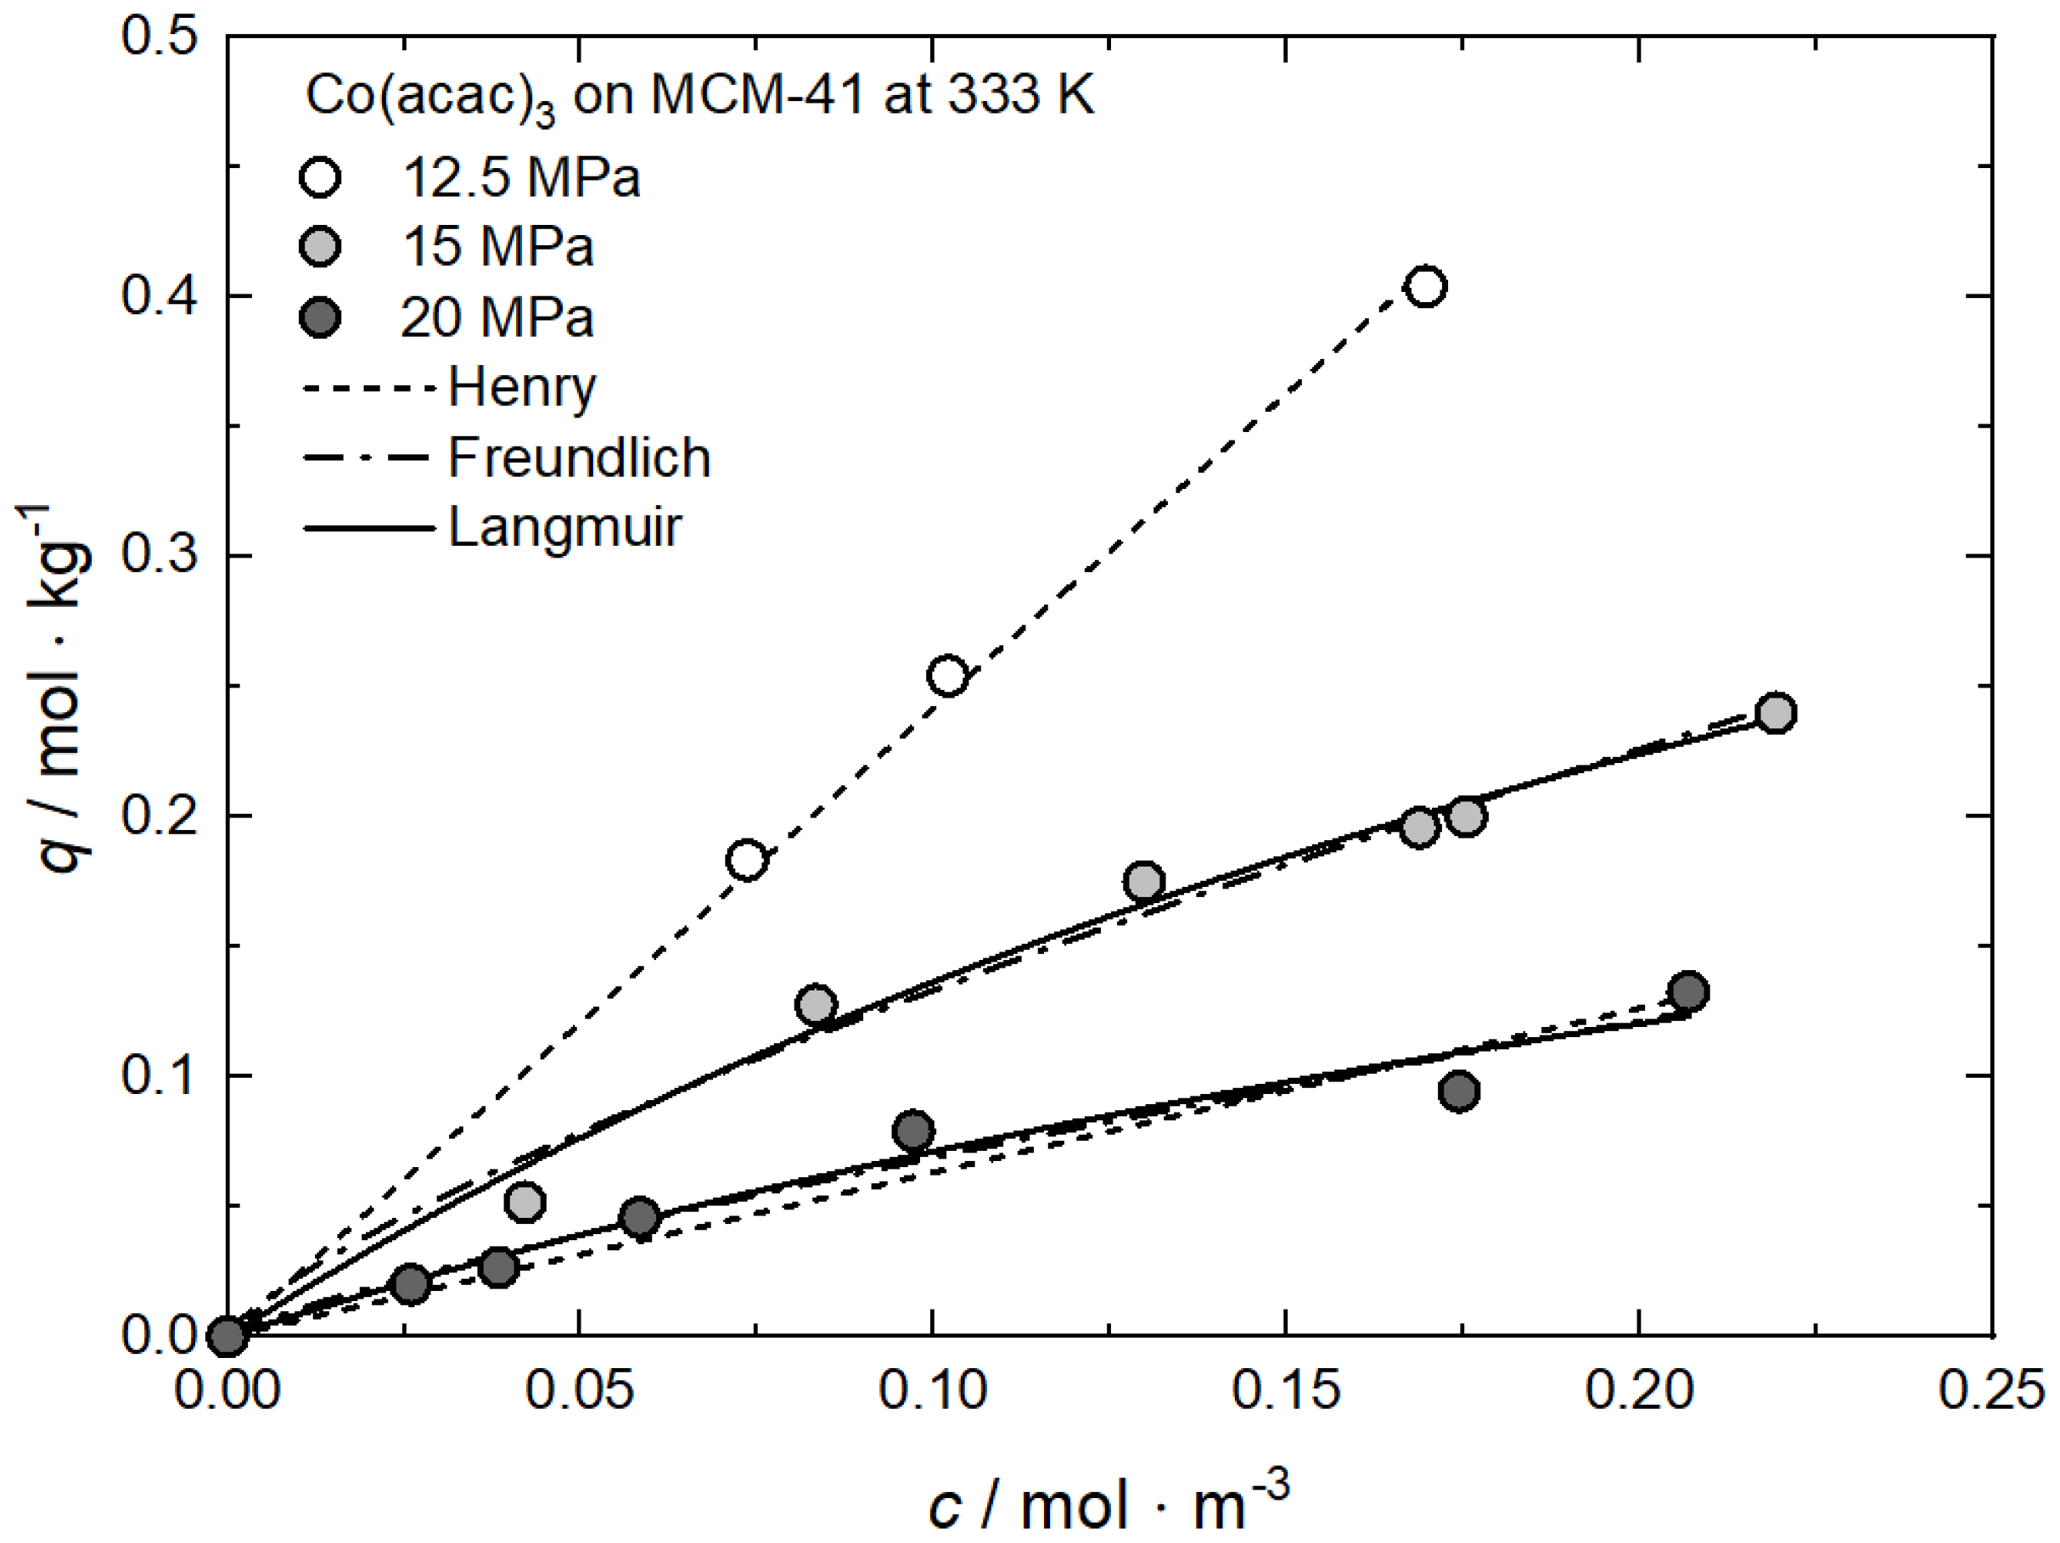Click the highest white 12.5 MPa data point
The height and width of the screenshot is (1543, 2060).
pos(1426,286)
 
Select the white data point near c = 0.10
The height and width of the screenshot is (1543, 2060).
pos(947,675)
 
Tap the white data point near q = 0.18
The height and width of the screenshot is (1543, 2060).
pos(746,860)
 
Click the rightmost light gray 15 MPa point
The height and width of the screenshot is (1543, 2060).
pos(1775,713)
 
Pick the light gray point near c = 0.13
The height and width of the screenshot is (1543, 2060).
pos(1143,881)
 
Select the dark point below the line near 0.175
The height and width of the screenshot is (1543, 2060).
pos(1458,1091)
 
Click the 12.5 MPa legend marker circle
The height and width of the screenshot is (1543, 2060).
pos(320,177)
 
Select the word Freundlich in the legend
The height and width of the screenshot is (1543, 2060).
pos(578,458)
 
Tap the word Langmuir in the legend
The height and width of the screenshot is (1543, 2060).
pos(564,528)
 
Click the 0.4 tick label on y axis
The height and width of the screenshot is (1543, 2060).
pos(160,296)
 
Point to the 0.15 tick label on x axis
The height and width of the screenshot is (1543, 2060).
pos(1285,1390)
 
